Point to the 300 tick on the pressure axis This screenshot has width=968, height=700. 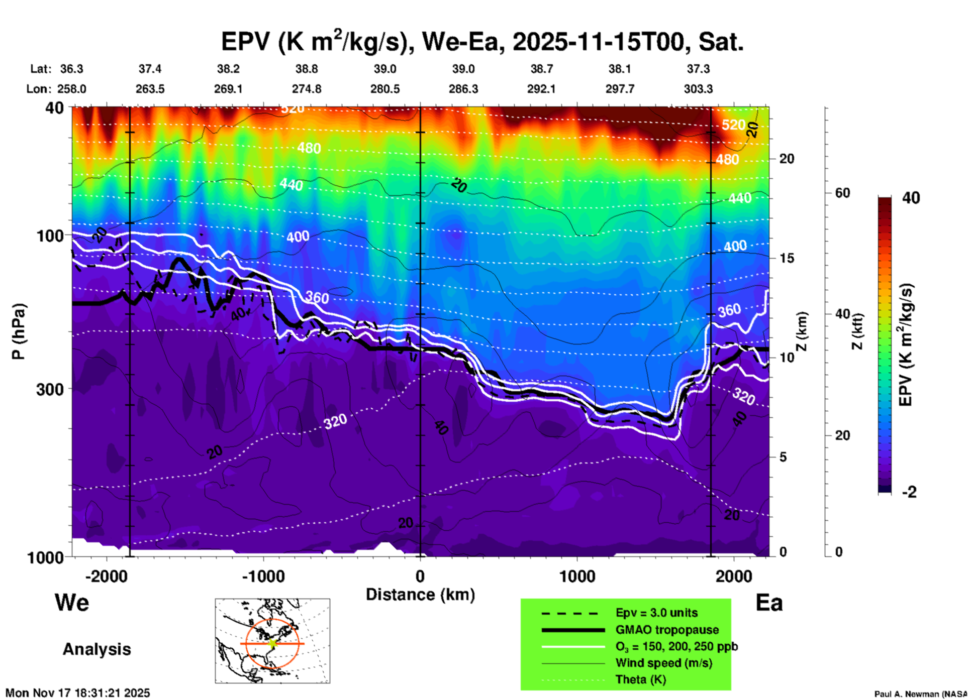(50, 389)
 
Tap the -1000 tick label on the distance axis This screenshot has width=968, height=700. (263, 576)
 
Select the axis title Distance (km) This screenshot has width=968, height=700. (420, 595)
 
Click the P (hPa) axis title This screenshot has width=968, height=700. (19, 331)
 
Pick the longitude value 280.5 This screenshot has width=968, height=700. (385, 89)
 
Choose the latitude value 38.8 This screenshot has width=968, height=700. (307, 69)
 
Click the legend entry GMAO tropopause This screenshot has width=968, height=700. (667, 630)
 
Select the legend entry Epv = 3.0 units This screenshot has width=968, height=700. (656, 613)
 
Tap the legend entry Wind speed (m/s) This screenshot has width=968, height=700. (663, 663)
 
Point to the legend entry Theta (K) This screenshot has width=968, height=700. (640, 679)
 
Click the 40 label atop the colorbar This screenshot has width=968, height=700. (911, 198)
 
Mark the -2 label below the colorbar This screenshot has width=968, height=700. (909, 492)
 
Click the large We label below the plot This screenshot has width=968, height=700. (72, 603)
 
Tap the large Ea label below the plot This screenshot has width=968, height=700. (769, 603)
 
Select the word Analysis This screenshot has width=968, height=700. (96, 649)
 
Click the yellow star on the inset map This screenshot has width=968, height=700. (272, 643)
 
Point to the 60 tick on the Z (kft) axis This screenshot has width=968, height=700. (842, 193)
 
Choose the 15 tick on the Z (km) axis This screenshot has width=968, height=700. (787, 258)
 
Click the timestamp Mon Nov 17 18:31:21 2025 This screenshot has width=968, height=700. (78, 693)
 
